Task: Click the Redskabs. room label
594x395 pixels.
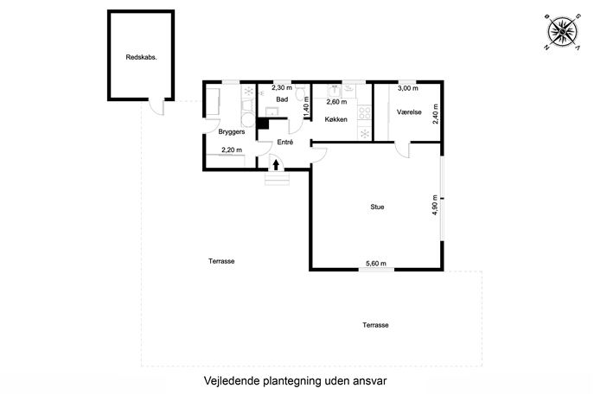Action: click(141, 58)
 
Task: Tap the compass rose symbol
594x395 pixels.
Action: click(563, 32)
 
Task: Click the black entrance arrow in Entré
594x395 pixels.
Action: click(276, 164)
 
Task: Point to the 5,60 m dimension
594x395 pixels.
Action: click(376, 264)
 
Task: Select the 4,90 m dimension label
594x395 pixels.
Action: click(435, 205)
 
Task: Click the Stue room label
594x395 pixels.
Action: click(377, 207)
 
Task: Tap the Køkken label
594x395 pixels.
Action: click(336, 119)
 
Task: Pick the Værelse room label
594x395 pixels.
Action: click(409, 112)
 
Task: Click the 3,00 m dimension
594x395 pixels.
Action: click(408, 88)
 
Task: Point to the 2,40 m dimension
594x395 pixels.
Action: click(436, 113)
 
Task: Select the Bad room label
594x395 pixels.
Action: click(282, 99)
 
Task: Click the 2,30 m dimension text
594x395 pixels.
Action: click(282, 87)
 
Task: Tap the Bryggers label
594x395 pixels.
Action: click(232, 131)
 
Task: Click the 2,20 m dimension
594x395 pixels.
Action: click(232, 150)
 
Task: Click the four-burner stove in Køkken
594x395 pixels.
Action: click(365, 113)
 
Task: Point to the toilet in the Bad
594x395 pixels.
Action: click(301, 93)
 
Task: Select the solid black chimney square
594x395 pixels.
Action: click(263, 124)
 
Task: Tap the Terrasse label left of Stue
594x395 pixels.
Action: click(221, 261)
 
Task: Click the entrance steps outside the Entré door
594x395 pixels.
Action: click(277, 178)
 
